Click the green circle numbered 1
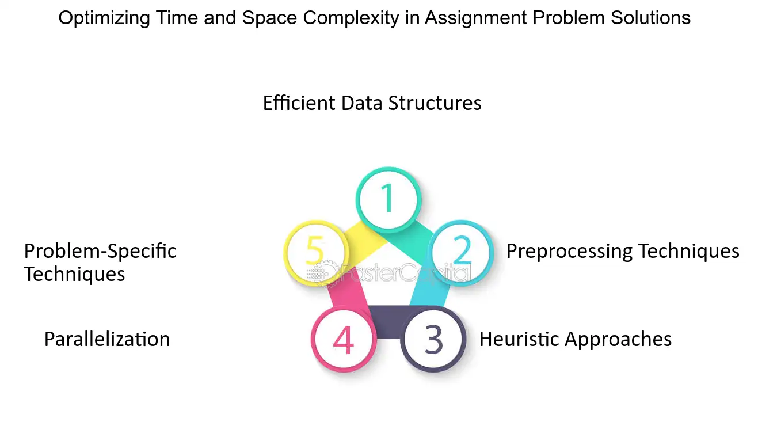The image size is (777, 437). click(389, 200)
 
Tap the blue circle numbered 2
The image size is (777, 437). click(462, 253)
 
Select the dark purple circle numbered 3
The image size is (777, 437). click(433, 339)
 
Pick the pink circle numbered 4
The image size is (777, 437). click(344, 339)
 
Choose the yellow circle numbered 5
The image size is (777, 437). click(316, 253)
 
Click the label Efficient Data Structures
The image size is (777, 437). click(372, 102)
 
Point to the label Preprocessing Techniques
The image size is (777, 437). click(623, 251)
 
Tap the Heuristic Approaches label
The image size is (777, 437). click(576, 339)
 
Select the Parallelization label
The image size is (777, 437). click(107, 339)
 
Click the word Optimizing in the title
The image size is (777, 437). click(104, 18)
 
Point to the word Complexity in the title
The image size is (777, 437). click(351, 18)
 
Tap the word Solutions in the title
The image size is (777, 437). click(650, 18)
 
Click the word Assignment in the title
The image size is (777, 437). click(475, 18)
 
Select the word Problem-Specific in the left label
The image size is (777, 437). click(100, 251)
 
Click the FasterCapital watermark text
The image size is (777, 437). click(404, 272)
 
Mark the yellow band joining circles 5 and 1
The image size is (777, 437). click(366, 240)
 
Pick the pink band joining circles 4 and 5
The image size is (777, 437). click(349, 293)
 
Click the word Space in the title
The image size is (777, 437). click(269, 18)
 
